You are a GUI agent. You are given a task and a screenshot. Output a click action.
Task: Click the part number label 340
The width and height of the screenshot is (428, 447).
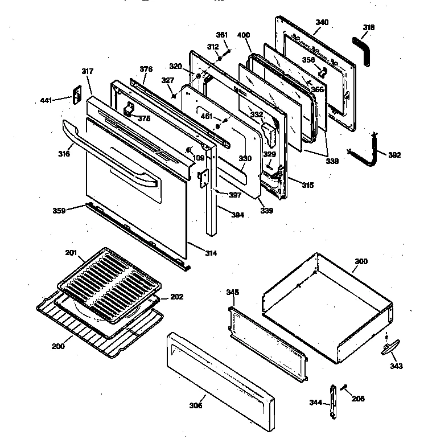322,22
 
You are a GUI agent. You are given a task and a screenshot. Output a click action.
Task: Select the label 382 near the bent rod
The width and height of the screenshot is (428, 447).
394,154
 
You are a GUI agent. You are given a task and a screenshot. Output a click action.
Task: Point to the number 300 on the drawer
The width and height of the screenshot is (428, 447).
361,261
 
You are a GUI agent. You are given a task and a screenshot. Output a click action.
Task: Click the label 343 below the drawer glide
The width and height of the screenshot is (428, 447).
396,366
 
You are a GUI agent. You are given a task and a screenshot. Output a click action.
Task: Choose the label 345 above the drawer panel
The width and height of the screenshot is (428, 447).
233,292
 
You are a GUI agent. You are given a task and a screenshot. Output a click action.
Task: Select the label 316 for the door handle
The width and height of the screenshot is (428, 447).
64,154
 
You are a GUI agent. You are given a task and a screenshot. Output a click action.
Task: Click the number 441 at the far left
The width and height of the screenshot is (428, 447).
47,101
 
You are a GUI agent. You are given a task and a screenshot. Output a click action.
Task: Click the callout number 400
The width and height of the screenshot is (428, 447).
244,35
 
